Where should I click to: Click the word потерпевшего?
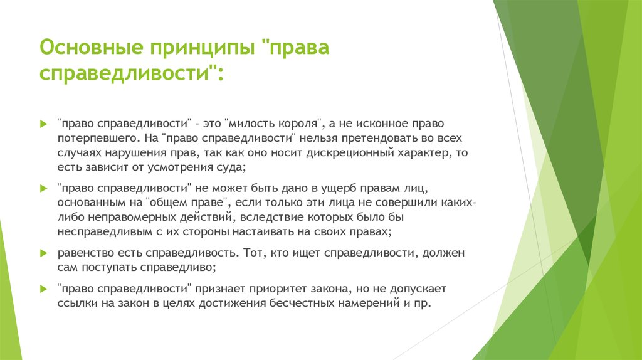[x=94, y=137]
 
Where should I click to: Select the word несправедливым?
[x=100, y=231]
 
